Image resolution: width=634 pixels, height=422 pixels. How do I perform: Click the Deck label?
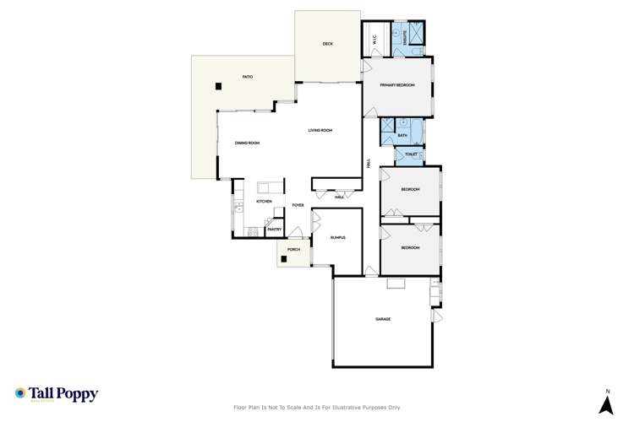[x=329, y=44]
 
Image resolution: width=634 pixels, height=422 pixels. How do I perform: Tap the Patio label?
[x=248, y=77]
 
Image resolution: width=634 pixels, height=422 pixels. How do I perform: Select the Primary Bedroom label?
[x=396, y=84]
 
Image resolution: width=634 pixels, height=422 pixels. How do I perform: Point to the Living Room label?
[x=320, y=130]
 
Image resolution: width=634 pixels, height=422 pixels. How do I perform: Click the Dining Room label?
[x=248, y=143]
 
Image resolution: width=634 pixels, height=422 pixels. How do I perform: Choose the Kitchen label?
[x=264, y=202]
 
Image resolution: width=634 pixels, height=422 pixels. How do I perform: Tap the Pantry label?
[x=274, y=229]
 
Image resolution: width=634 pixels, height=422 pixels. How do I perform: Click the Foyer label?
[x=298, y=205]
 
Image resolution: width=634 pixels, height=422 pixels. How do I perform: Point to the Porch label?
[x=294, y=250]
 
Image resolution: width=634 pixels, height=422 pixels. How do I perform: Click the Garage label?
[x=383, y=319]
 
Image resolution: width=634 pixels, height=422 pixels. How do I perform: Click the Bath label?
[x=402, y=135]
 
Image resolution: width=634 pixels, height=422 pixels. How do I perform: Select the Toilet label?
[x=410, y=154]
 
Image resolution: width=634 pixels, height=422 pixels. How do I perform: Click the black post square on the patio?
[x=218, y=85]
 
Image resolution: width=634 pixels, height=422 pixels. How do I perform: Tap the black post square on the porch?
[x=286, y=259]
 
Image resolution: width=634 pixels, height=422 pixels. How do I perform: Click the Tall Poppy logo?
[x=57, y=394]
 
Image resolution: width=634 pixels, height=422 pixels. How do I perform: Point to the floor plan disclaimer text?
[x=316, y=408]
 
